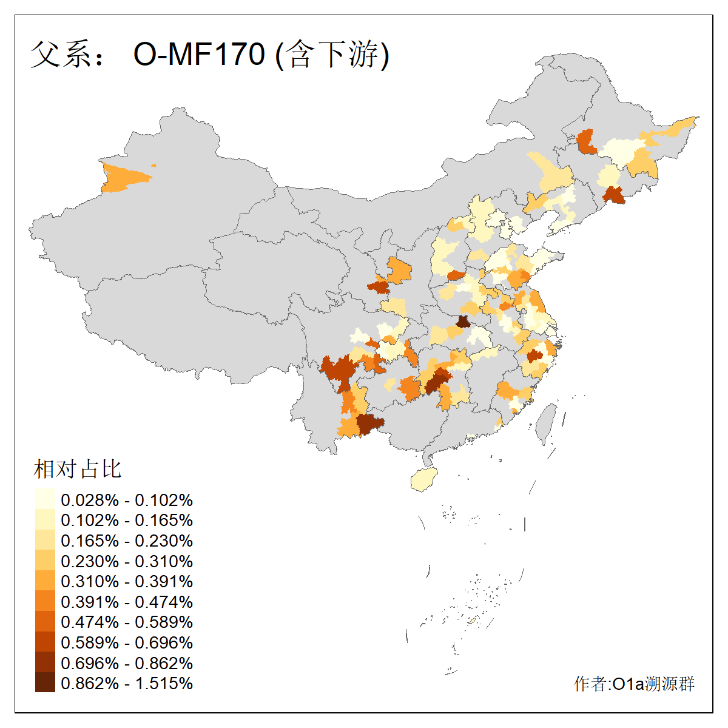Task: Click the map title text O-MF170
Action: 199,54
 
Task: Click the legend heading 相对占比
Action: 78,469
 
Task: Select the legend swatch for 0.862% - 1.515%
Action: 45,683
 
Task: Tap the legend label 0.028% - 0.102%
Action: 127,500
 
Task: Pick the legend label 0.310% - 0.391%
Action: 127,582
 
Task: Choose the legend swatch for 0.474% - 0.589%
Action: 45,622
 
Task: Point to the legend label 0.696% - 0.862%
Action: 127,663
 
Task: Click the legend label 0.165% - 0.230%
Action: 127,541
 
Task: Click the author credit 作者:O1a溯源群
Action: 634,684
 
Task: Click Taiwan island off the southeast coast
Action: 546,422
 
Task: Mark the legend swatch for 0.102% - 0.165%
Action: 45,521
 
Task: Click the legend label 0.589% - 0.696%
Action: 127,643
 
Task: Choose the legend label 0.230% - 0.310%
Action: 127,562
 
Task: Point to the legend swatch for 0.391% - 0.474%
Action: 45,602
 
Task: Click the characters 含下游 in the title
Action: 333,54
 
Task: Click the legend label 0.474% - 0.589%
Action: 127,622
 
